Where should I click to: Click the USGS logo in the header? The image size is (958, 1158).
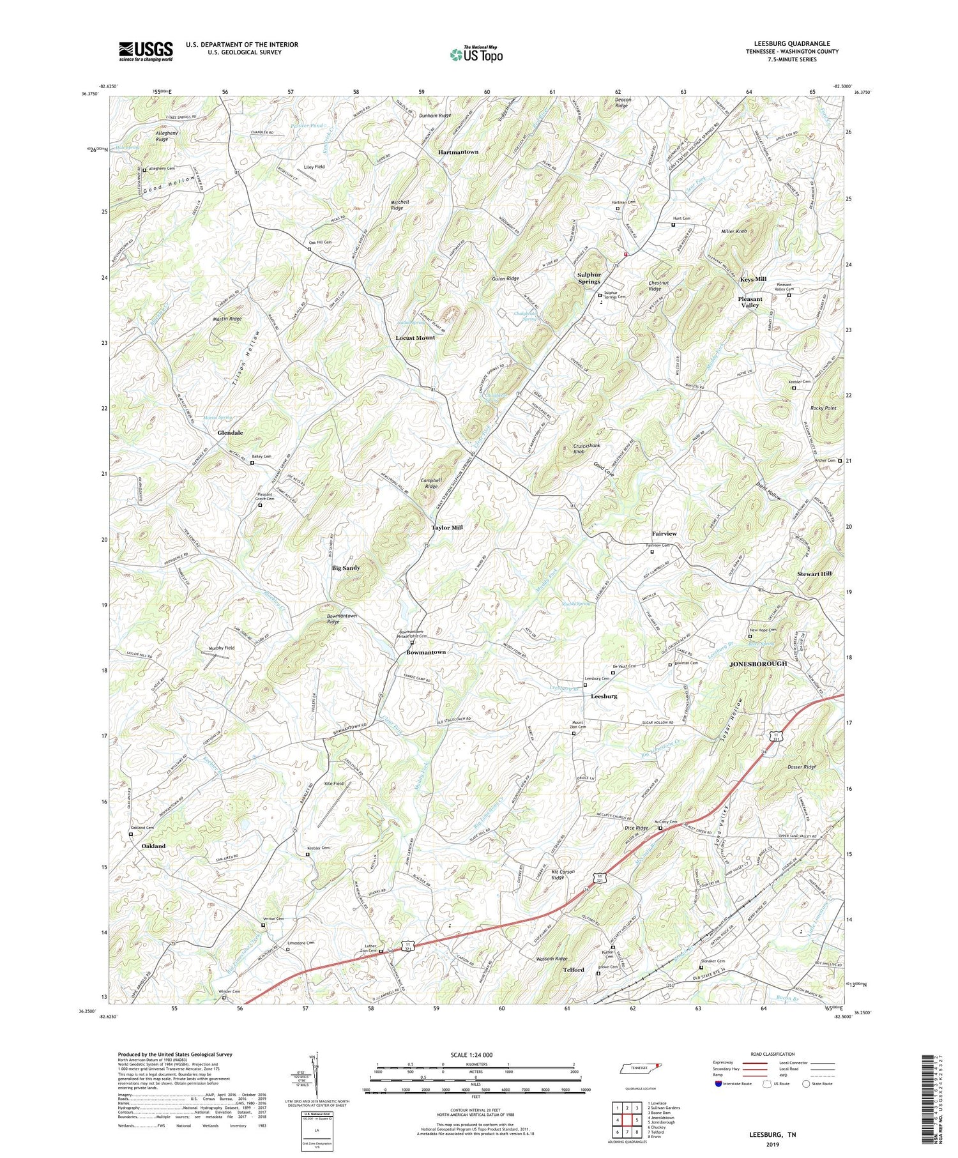point(146,52)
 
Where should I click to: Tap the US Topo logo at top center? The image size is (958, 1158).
point(476,54)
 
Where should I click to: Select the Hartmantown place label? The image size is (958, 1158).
point(458,152)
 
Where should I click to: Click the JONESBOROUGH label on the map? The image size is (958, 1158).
point(758,664)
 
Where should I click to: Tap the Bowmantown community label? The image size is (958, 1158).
point(426,653)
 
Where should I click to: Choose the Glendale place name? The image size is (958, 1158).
point(230,433)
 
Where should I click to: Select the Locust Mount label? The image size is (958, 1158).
point(415,337)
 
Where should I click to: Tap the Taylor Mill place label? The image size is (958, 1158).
point(447,528)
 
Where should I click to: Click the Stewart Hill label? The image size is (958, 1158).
point(814,574)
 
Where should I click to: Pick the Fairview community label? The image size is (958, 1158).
point(664,533)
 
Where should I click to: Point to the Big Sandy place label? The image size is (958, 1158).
point(346,568)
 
